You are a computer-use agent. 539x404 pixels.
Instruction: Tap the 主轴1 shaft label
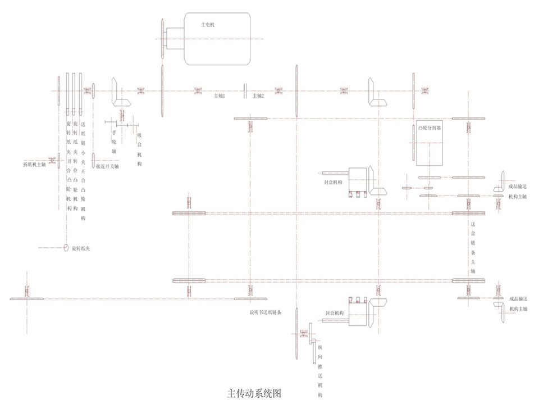pyautogui.click(x=219, y=96)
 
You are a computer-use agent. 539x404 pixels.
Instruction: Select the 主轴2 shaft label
pyautogui.click(x=258, y=96)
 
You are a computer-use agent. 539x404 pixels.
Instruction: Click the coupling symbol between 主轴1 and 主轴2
pyautogui.click(x=245, y=90)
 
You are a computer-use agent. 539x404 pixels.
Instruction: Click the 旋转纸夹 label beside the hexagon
pyautogui.click(x=87, y=248)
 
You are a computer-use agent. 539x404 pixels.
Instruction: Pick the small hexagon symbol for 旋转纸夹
pyautogui.click(x=67, y=248)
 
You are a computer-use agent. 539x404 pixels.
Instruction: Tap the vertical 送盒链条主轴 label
pyautogui.click(x=473, y=247)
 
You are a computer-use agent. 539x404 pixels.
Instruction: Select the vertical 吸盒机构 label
pyautogui.click(x=139, y=149)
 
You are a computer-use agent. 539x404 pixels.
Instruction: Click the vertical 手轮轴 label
pyautogui.click(x=114, y=143)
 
